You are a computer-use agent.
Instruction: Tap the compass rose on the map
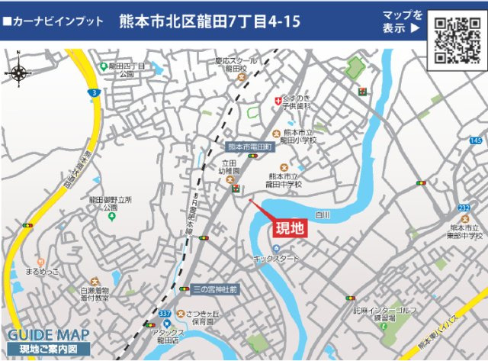coord(19,73)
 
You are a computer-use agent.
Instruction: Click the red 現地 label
coord(288,227)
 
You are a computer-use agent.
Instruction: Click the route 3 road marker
coord(92,92)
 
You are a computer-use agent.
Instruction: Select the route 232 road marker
coord(464,208)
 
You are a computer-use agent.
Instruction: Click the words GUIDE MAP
coord(49,335)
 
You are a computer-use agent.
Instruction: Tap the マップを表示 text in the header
coord(403,22)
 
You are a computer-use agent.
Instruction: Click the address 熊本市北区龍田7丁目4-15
coord(198,22)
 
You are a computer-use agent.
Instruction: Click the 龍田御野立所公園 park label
coord(111,203)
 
